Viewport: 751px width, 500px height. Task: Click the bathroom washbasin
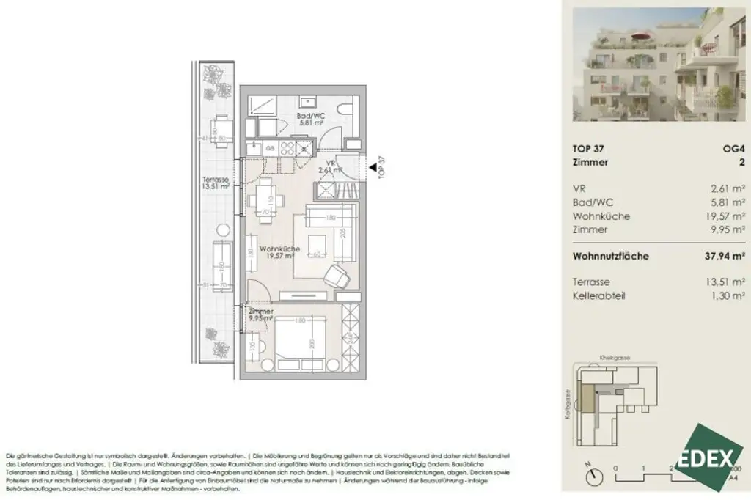pos(307,103)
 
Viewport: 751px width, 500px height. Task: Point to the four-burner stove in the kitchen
pos(287,147)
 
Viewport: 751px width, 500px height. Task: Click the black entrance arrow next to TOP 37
pos(373,169)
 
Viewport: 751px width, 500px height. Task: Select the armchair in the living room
pos(337,276)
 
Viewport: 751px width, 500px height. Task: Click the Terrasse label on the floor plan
pos(216,183)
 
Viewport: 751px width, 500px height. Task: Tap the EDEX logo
pos(708,457)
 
